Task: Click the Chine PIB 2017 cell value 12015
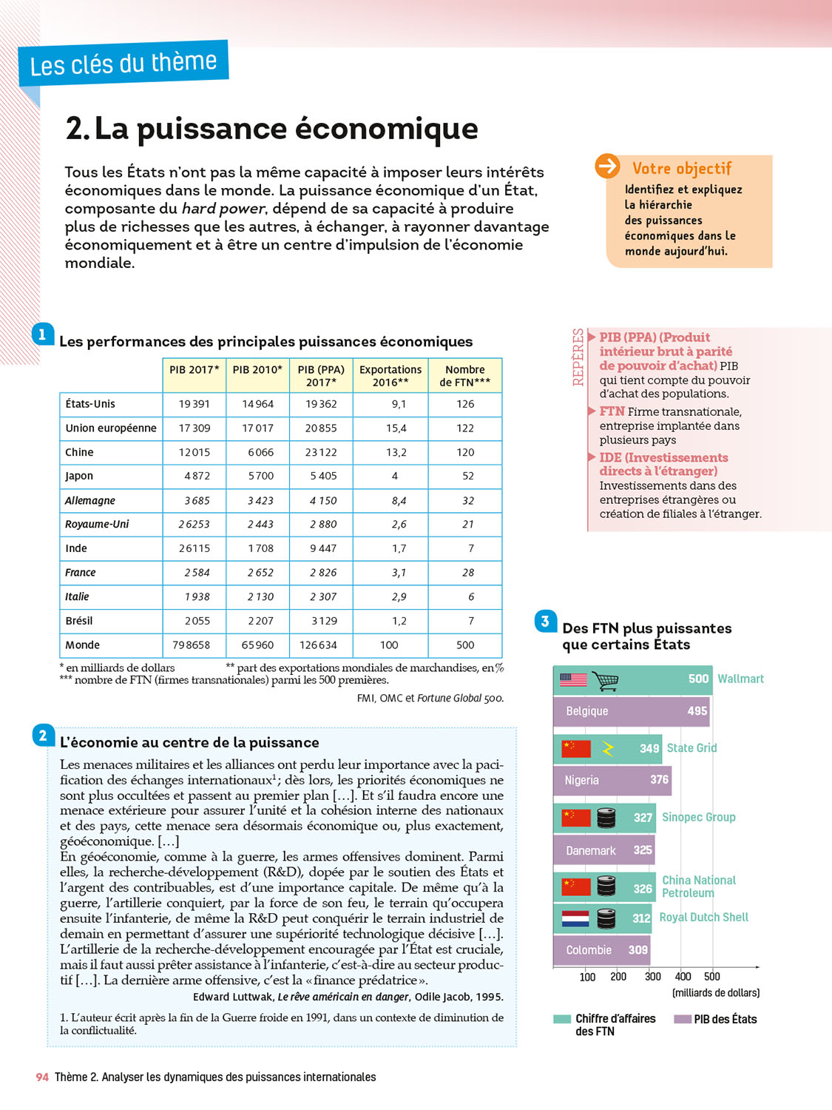pyautogui.click(x=195, y=452)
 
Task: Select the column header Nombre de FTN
pyautogui.click(x=464, y=375)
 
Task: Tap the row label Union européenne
pyautogui.click(x=111, y=428)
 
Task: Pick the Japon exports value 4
pyautogui.click(x=395, y=476)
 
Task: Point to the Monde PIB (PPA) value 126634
pyautogui.click(x=318, y=645)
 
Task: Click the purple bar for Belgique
pyautogui.click(x=631, y=711)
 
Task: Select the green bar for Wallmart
pyautogui.click(x=632, y=679)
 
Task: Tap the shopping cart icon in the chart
pyautogui.click(x=606, y=680)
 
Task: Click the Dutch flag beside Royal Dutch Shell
pyautogui.click(x=575, y=918)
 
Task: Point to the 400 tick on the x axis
pyautogui.click(x=683, y=976)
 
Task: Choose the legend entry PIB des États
pyautogui.click(x=725, y=1019)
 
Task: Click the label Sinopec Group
pyautogui.click(x=698, y=817)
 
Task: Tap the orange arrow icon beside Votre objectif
pyautogui.click(x=608, y=166)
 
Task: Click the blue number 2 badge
pyautogui.click(x=43, y=735)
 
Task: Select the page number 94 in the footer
pyautogui.click(x=42, y=1077)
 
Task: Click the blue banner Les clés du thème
pyautogui.click(x=124, y=64)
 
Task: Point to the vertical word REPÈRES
pyautogui.click(x=578, y=357)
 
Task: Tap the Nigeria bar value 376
pyautogui.click(x=659, y=779)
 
